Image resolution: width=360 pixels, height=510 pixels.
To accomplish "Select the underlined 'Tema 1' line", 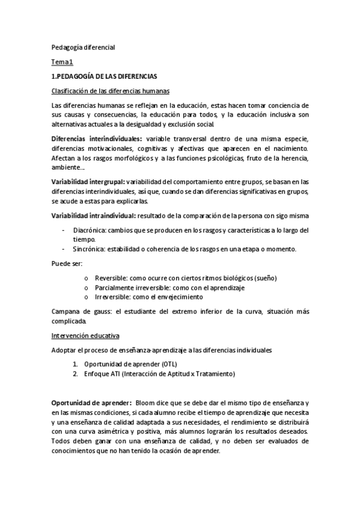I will (62, 62).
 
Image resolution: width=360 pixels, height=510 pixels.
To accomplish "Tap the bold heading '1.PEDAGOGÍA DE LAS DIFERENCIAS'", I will (104, 76).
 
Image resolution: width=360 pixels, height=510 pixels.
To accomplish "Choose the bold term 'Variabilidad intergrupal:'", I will (88, 181).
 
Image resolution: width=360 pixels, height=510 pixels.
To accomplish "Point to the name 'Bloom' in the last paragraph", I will (147, 401).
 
